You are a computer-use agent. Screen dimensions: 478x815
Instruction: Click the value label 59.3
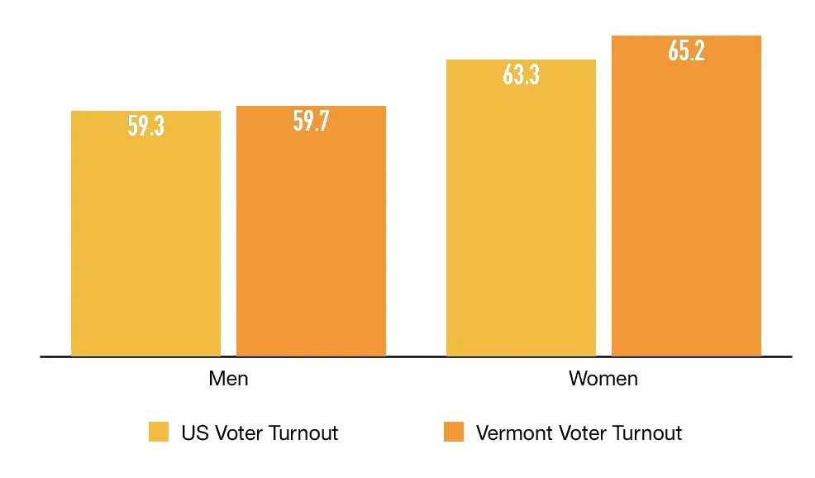145,126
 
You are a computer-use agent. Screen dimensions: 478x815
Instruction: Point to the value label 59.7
311,122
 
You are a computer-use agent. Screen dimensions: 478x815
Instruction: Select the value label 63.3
521,74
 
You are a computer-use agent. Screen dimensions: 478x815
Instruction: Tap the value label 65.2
686,51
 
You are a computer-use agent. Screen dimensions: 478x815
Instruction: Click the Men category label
228,379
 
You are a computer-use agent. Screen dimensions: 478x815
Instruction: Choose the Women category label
603,379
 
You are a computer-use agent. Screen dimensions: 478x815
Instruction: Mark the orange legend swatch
454,432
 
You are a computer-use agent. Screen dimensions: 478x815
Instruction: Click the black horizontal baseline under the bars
416,356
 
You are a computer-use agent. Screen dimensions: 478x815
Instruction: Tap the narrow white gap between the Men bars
228,248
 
